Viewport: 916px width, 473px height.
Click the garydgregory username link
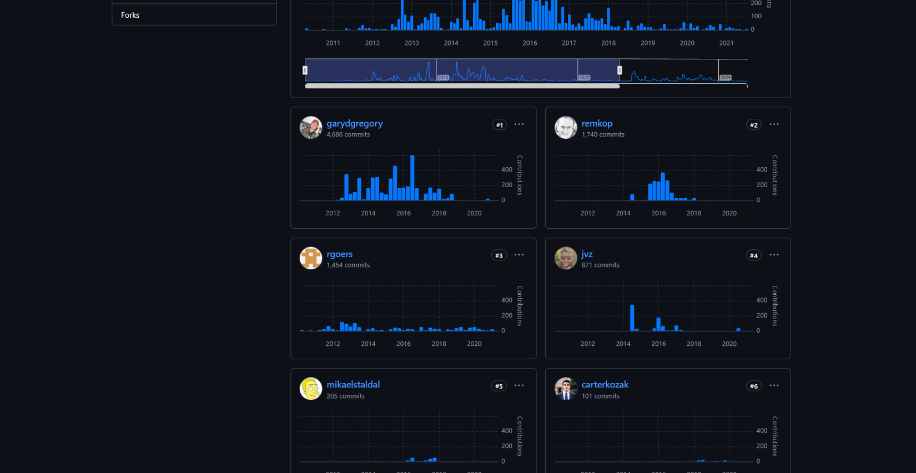[354, 123]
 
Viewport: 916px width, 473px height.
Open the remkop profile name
[597, 123]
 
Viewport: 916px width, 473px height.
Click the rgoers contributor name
[339, 254]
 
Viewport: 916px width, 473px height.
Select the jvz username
[587, 254]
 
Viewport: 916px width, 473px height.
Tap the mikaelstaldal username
[353, 384]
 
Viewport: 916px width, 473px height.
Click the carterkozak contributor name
[605, 384]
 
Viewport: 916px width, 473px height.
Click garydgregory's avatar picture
[311, 128]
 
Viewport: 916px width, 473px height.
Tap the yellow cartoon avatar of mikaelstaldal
[311, 389]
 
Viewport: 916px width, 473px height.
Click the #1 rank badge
[499, 125]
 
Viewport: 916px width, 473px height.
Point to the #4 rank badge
[753, 255]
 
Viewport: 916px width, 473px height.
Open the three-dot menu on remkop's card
[774, 124]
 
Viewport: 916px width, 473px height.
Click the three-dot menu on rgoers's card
[519, 255]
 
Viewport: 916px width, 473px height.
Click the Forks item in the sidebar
[130, 15]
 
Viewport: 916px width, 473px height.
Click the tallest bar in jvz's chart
[632, 318]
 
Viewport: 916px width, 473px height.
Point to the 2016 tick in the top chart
[530, 43]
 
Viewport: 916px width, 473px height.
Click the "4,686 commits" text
[348, 134]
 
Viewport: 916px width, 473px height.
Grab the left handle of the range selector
[305, 70]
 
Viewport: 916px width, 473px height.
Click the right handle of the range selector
[620, 70]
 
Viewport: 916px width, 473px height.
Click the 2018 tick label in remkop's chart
[693, 213]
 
